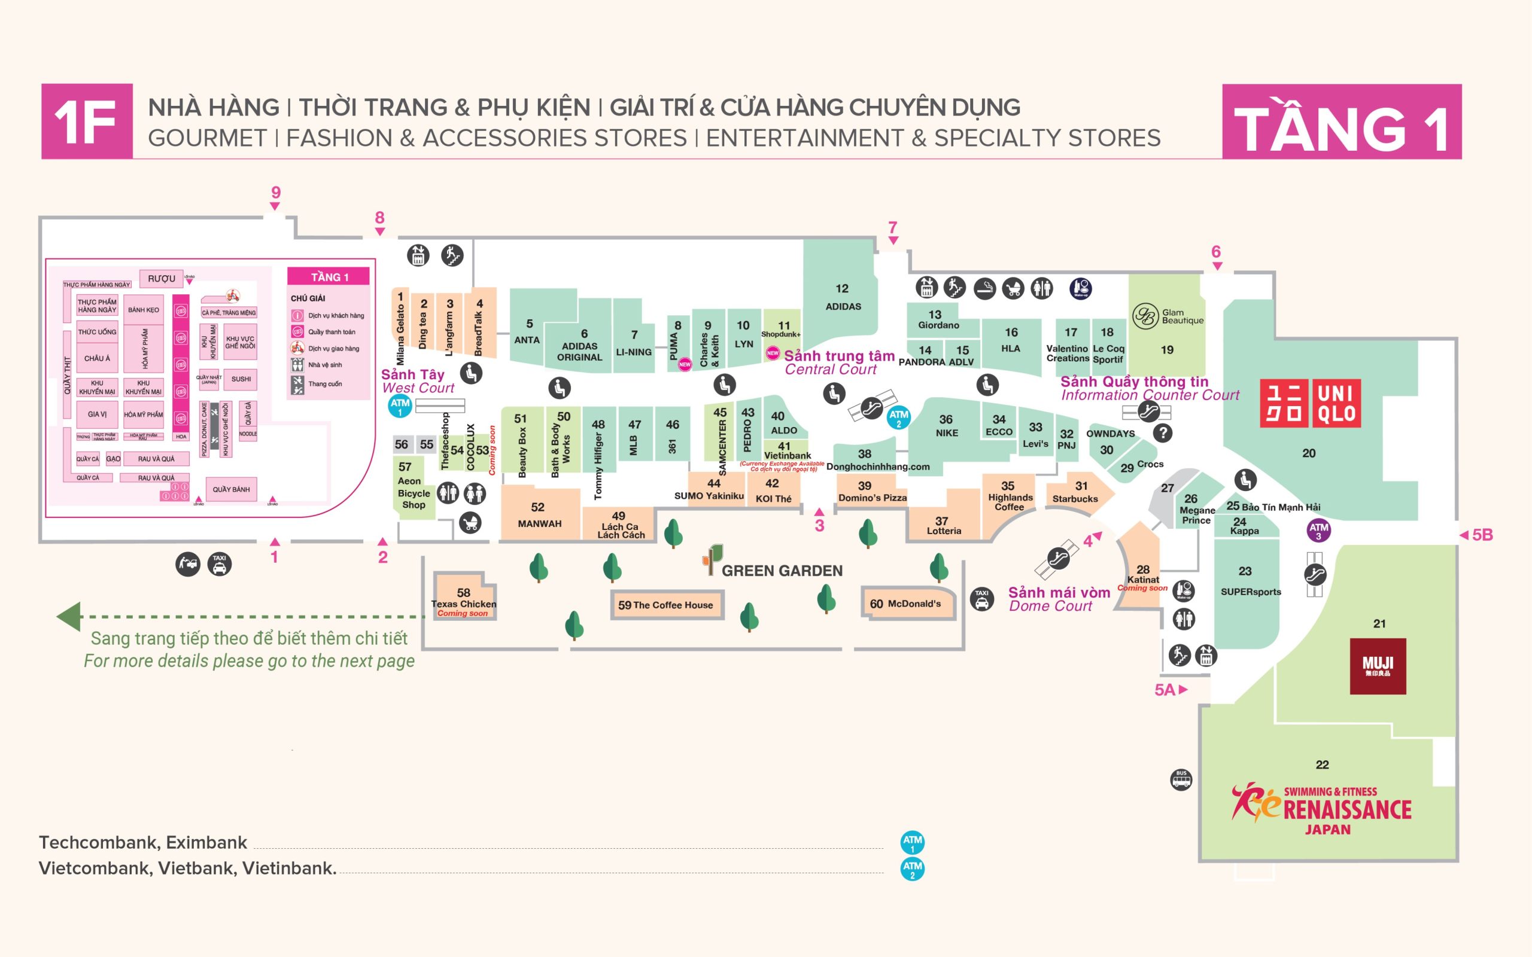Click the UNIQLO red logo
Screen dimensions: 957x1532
[1310, 403]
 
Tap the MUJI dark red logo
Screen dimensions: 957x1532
[1378, 666]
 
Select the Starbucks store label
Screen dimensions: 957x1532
[1075, 499]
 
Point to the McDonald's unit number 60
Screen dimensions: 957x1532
[876, 604]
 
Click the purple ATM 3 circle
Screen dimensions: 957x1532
[1319, 531]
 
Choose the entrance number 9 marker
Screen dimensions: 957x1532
[275, 193]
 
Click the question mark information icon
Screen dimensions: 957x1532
[1163, 433]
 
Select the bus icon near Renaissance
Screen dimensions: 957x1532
[1181, 779]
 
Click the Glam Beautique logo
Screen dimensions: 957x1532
[1168, 316]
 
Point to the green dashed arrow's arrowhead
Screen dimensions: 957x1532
[69, 617]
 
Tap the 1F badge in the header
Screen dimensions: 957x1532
[87, 121]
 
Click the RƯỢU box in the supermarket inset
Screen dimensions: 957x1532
[162, 279]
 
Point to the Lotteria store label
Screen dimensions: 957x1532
[944, 531]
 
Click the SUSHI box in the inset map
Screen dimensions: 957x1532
[241, 379]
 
